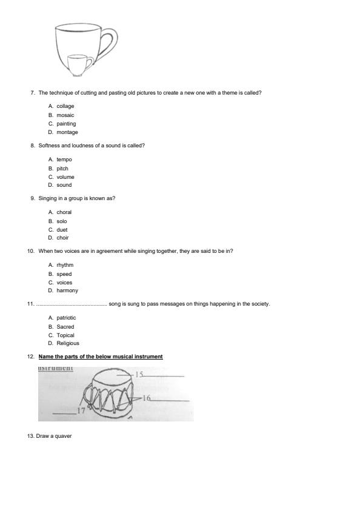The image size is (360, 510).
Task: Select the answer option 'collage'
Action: tap(65, 106)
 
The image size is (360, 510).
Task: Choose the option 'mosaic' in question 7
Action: tap(65, 115)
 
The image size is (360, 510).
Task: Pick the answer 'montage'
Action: tap(67, 132)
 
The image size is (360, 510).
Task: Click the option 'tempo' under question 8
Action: tap(64, 159)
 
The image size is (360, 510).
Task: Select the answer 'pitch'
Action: tap(62, 169)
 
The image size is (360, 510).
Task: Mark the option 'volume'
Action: tap(65, 177)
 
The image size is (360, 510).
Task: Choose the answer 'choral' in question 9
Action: tap(64, 212)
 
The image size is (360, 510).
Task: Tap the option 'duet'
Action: tap(62, 230)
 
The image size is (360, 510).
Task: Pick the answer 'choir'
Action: tap(62, 238)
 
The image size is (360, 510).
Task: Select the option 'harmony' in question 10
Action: tap(67, 290)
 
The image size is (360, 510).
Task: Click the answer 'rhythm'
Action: tap(65, 265)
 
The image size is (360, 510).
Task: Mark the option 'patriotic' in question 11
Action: tap(66, 318)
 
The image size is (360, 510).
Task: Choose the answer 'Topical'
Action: tap(65, 335)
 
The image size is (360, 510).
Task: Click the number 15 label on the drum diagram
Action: tap(139, 375)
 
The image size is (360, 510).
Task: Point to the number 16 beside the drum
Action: tap(146, 398)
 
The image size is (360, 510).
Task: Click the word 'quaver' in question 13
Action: tap(64, 436)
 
